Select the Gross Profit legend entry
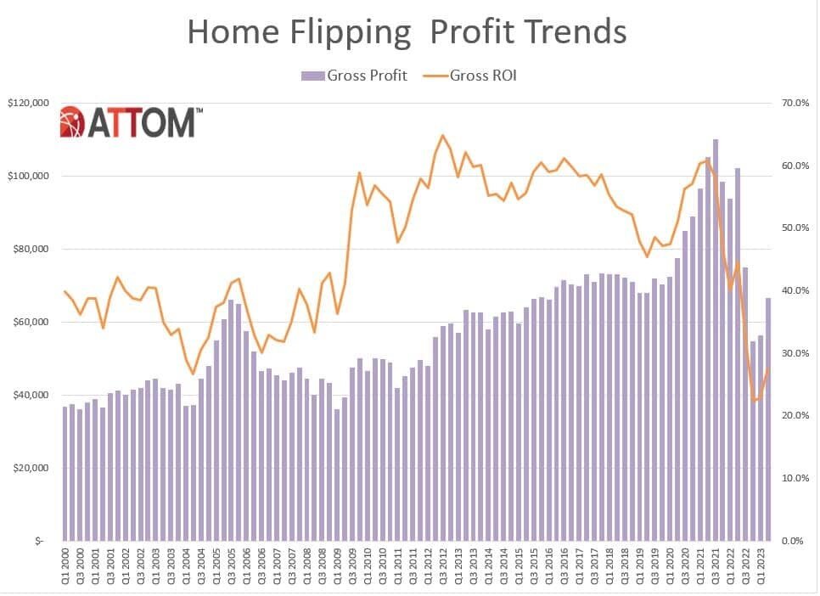pos(354,76)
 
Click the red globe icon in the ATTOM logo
pos(71,121)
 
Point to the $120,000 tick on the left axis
pos(28,103)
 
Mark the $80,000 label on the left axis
pos(31,249)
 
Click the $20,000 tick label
pos(31,468)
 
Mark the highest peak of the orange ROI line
pos(442,135)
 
